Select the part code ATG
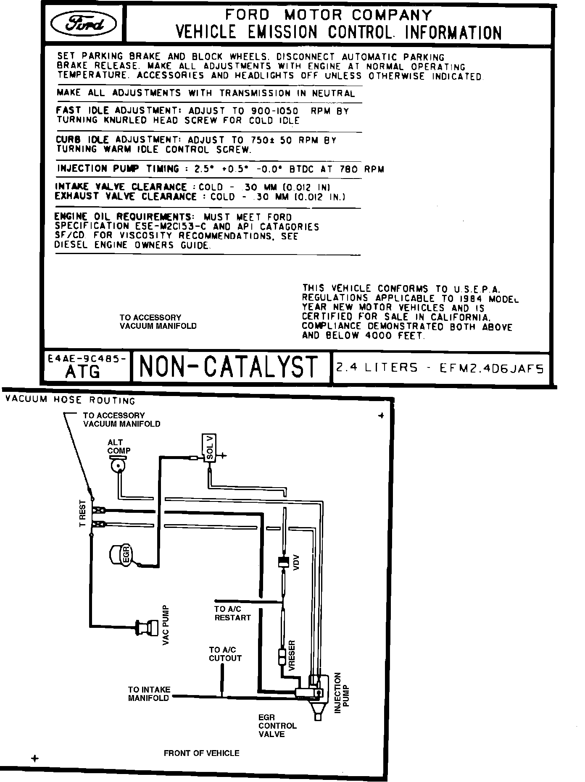coord(83,372)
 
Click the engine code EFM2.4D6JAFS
coord(492,369)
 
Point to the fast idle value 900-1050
coord(274,111)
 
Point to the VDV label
coord(297,562)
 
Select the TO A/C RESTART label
coord(232,613)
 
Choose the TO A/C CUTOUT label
coord(225,654)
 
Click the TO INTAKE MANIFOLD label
coord(149,693)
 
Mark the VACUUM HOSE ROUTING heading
coord(70,400)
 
